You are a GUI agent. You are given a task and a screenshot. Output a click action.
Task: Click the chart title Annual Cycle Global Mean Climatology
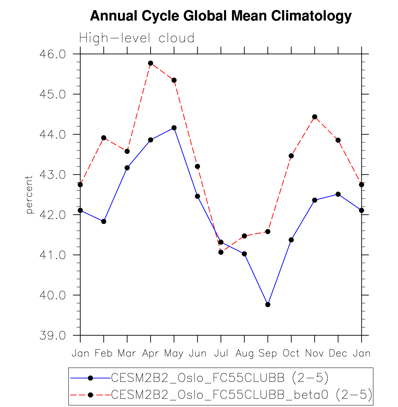pos(221,16)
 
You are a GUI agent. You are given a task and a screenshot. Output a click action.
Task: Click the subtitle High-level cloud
pos(137,38)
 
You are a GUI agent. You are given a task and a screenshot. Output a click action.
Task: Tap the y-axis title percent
pos(29,195)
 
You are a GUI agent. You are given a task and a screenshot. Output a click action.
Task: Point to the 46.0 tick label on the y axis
pos(53,54)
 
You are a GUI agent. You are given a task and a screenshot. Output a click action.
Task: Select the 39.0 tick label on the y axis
pos(53,336)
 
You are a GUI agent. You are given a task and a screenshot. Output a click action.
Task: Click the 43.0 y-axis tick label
pos(53,175)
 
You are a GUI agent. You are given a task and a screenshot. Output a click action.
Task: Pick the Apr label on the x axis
pos(151,353)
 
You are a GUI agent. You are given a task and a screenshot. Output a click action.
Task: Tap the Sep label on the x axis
pos(268,353)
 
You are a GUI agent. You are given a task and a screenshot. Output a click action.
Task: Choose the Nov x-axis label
pos(315,353)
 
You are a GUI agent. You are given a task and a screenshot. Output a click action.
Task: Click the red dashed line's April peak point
pos(151,63)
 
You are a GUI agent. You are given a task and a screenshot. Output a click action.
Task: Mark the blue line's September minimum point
pos(268,305)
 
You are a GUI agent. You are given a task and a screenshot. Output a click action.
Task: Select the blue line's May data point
pos(174,128)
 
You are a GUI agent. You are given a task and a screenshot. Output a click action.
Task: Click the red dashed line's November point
pos(315,117)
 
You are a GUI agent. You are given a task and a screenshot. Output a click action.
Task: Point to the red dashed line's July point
pos(221,252)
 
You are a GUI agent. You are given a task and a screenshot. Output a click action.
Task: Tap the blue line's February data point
pos(104,221)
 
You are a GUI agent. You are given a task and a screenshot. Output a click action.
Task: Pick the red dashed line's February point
pos(104,138)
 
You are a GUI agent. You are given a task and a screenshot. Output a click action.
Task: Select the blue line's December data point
pos(338,194)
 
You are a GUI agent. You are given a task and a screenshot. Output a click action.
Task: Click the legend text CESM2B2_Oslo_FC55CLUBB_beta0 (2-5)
pos(242,395)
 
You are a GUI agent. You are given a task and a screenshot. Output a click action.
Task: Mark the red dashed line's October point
pos(291,156)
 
